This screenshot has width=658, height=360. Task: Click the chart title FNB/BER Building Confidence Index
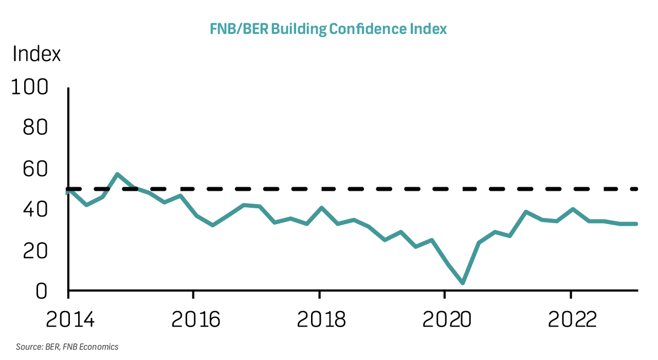tap(328, 29)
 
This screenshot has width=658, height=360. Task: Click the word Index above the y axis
tap(36, 54)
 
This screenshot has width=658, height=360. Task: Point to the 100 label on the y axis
tap(29, 87)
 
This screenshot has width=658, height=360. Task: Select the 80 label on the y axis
tap(35, 128)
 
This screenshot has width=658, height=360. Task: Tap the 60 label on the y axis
tap(35, 169)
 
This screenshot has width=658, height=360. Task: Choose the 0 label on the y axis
tap(42, 292)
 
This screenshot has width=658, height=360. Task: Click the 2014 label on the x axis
tap(70, 319)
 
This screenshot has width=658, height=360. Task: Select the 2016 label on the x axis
tap(196, 319)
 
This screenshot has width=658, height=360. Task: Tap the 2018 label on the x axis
tap(321, 319)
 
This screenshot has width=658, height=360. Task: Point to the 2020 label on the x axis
tap(447, 319)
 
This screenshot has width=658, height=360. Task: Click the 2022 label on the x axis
tap(572, 319)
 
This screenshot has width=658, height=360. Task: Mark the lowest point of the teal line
tap(463, 283)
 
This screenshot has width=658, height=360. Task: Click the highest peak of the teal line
tap(117, 174)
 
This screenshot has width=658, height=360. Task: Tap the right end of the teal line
tap(636, 224)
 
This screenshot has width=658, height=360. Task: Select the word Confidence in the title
tap(368, 29)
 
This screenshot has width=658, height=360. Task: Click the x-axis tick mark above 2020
tap(445, 295)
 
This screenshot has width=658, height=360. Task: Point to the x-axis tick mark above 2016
tap(193, 295)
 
